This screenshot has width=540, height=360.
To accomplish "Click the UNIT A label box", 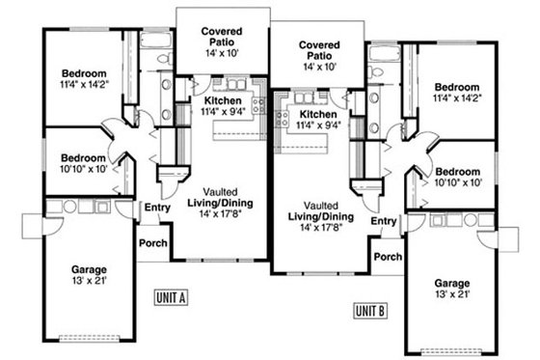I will pos(169,297).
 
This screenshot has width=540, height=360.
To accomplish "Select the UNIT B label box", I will pos(370,310).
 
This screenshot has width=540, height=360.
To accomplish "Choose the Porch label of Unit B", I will pos(388,257).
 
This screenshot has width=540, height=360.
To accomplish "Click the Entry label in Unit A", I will pos(156,207).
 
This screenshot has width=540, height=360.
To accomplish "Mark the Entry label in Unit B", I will pos(384,221).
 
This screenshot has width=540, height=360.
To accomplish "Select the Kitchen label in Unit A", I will pos(223,100).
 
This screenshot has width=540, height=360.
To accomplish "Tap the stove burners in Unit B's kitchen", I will pos(283,119).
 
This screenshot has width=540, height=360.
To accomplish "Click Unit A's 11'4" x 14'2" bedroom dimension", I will pos(84,85).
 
